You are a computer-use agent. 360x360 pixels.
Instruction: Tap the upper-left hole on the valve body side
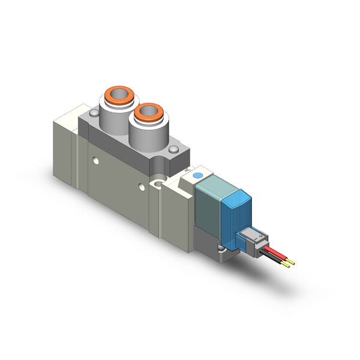97,161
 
